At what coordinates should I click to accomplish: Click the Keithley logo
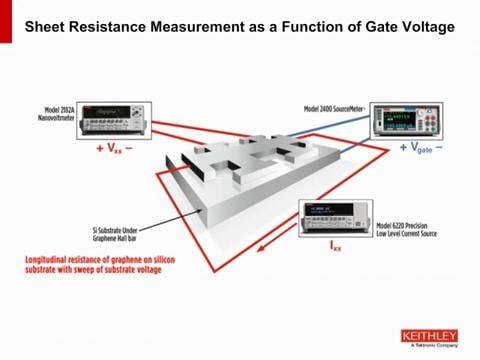click(x=428, y=337)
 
